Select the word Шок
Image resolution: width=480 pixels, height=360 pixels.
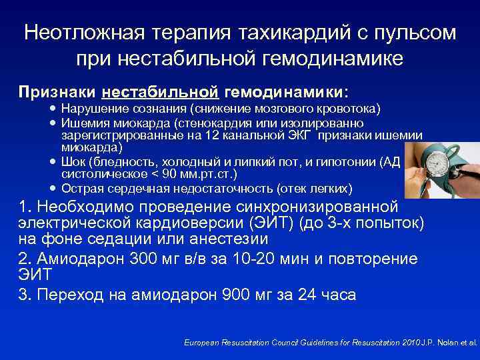71,163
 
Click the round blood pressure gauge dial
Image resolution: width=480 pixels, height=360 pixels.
441,163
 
